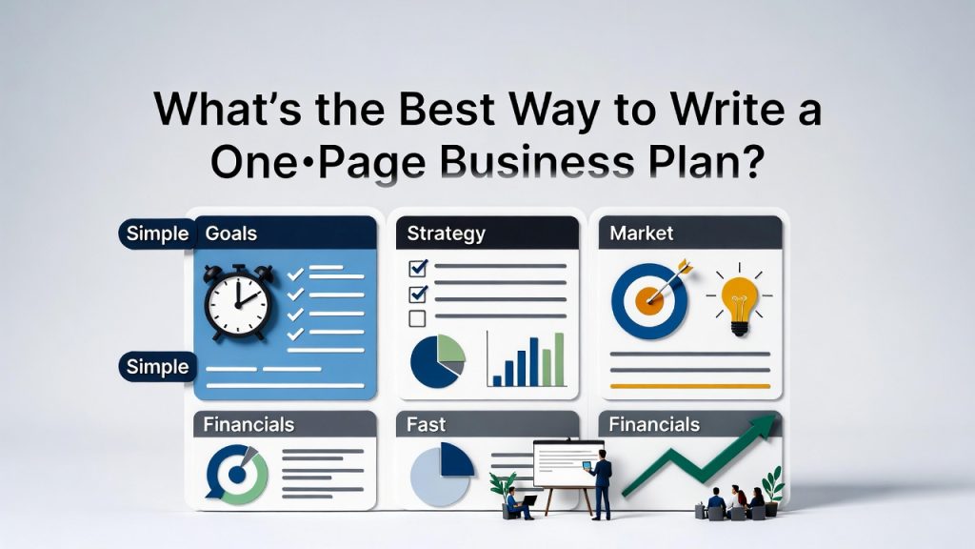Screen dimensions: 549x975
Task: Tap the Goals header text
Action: (x=231, y=233)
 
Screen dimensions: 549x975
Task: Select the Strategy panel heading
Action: (x=446, y=233)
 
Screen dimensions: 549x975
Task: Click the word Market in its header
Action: (x=641, y=233)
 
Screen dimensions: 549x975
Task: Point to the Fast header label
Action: (x=426, y=424)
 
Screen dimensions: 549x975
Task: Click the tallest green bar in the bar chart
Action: (x=558, y=358)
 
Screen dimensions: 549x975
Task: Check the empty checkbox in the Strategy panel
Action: (x=416, y=318)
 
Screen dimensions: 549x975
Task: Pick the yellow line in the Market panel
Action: (x=688, y=386)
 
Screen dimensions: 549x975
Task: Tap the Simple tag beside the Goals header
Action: (x=157, y=234)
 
